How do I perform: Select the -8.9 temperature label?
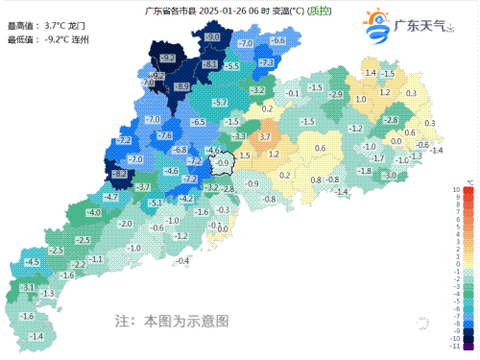pos(180,86)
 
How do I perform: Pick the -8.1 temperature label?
pos(210,63)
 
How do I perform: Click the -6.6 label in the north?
pos(277,40)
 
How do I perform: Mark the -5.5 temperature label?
pos(231,65)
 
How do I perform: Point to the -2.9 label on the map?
pos(336,94)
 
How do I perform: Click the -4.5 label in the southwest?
pos(32,262)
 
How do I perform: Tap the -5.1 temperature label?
pos(156,204)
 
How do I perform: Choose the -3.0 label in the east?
pos(390,176)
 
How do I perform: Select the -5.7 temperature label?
pos(220,102)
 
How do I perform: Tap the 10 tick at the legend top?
pos(456,190)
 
